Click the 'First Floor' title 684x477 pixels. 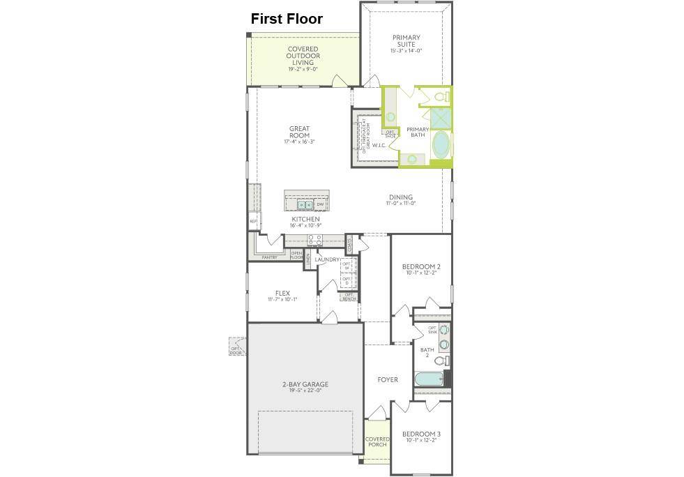point(287,19)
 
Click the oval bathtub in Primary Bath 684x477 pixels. point(442,144)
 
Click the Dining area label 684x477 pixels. point(401,200)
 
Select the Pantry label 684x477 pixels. point(269,258)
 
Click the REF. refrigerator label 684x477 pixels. point(253,222)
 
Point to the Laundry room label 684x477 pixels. point(326,260)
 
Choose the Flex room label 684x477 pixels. point(282,296)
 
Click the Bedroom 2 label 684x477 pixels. point(421,270)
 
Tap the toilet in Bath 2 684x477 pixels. point(441,361)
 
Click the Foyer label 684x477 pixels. point(388,380)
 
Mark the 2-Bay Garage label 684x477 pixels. point(305,387)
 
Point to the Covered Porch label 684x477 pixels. point(377,443)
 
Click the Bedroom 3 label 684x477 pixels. point(423,437)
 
